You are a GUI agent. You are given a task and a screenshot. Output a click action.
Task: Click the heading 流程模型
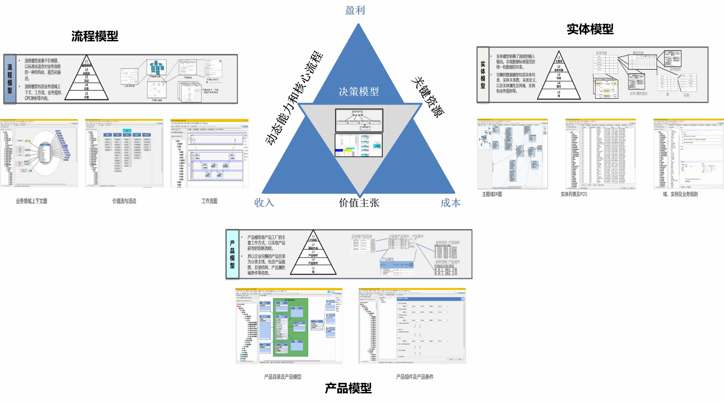(95, 36)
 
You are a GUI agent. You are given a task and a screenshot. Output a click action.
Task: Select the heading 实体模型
(590, 29)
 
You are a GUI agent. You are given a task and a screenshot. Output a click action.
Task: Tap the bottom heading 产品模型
(348, 388)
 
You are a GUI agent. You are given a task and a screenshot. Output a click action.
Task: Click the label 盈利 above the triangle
(355, 10)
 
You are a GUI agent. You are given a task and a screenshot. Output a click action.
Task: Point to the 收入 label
(264, 202)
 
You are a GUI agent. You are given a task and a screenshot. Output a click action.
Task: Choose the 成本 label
(451, 203)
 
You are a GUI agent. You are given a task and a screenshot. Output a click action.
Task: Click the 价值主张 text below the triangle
(359, 203)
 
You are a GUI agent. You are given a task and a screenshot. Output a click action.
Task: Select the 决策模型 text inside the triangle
(359, 92)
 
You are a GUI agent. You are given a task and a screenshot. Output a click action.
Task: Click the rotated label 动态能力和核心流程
(294, 98)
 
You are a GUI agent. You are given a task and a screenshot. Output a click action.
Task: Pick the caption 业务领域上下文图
(31, 201)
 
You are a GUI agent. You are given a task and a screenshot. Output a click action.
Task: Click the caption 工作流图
(209, 201)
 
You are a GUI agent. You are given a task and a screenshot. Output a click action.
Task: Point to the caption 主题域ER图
(492, 194)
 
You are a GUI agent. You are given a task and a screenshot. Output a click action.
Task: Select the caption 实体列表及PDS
(574, 194)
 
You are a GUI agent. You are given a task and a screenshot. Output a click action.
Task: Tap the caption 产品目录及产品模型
(283, 377)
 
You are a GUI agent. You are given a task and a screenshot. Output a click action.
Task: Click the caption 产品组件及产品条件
(415, 377)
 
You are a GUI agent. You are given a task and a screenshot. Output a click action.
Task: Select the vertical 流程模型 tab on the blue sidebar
(10, 79)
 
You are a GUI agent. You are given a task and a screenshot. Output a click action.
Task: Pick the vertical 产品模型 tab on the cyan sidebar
(232, 254)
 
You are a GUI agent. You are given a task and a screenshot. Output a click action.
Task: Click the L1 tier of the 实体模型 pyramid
(559, 59)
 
